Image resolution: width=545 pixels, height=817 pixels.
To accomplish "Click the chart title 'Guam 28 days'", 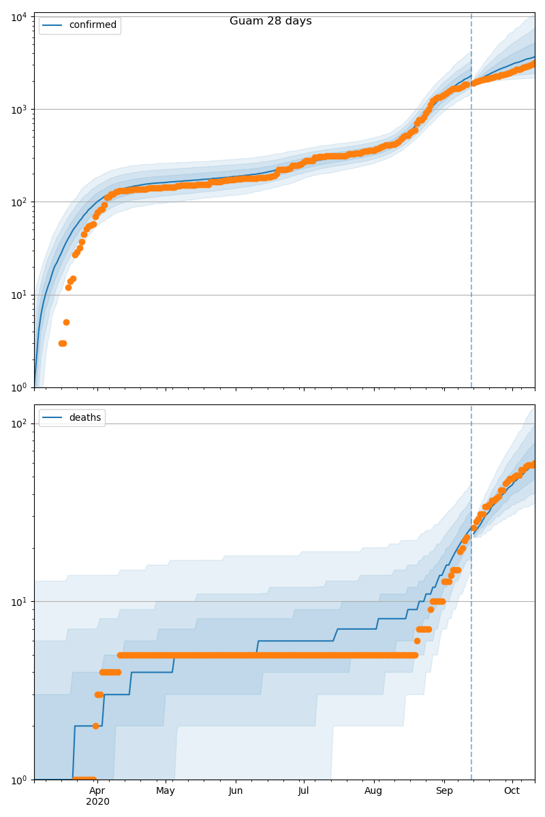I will tap(270, 21).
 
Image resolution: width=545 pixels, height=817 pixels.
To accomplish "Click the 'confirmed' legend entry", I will tap(93, 25).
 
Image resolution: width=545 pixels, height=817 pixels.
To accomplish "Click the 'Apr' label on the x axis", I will tap(97, 790).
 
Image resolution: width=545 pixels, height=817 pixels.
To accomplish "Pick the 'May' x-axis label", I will tap(166, 790).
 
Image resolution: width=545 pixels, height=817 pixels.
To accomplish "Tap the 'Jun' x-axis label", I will tap(236, 790).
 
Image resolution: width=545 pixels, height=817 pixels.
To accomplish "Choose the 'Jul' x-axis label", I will tap(304, 790).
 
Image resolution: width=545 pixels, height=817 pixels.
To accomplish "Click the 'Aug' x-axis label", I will tap(373, 790).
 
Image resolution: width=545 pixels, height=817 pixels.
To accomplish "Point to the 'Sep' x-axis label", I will tap(443, 790).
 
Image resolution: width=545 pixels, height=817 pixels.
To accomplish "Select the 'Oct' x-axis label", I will tap(512, 790).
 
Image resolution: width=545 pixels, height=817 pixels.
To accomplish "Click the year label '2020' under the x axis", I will tap(97, 802).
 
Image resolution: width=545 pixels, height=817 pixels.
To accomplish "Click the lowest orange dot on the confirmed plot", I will tap(62, 343).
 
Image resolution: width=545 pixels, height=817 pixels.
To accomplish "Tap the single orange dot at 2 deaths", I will tap(95, 726).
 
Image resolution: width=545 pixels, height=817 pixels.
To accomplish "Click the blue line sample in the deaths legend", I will tap(53, 417).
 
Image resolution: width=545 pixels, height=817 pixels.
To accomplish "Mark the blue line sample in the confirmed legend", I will tap(53, 25).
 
